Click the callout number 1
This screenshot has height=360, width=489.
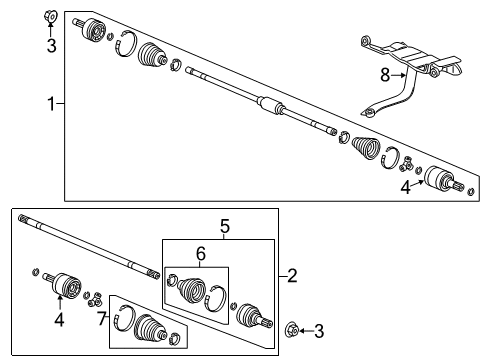[51, 104]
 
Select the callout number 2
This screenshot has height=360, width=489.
[292, 276]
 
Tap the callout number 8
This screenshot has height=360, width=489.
[385, 75]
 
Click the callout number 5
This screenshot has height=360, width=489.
[225, 226]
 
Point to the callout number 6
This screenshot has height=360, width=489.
[201, 254]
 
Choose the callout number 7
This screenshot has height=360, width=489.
[102, 319]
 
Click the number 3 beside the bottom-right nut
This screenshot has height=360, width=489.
[319, 331]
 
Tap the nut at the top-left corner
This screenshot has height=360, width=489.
[51, 16]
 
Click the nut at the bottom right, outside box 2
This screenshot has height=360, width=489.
[292, 331]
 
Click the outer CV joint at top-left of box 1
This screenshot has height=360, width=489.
[93, 30]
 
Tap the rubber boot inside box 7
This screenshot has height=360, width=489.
[149, 327]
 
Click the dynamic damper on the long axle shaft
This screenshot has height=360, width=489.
[271, 105]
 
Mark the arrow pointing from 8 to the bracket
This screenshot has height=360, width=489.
[399, 76]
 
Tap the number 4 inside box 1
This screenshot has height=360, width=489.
[405, 188]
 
